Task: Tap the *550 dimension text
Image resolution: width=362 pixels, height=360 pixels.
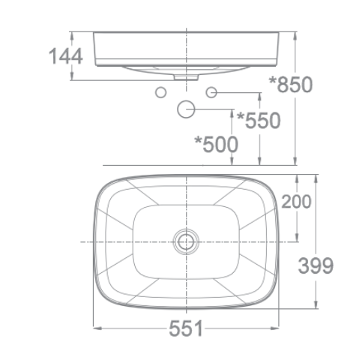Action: (258, 120)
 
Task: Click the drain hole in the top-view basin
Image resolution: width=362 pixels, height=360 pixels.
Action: (185, 241)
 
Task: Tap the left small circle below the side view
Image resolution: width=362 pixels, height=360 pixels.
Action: (159, 92)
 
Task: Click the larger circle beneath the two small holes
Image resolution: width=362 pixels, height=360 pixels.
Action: (185, 109)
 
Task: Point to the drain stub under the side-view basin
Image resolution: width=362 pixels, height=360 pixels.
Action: (185, 76)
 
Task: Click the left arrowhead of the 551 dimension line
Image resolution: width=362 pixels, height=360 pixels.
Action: (95, 328)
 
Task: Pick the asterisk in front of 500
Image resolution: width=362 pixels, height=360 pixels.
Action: (198, 140)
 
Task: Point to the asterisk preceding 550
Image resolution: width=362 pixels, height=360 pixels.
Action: (240, 117)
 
